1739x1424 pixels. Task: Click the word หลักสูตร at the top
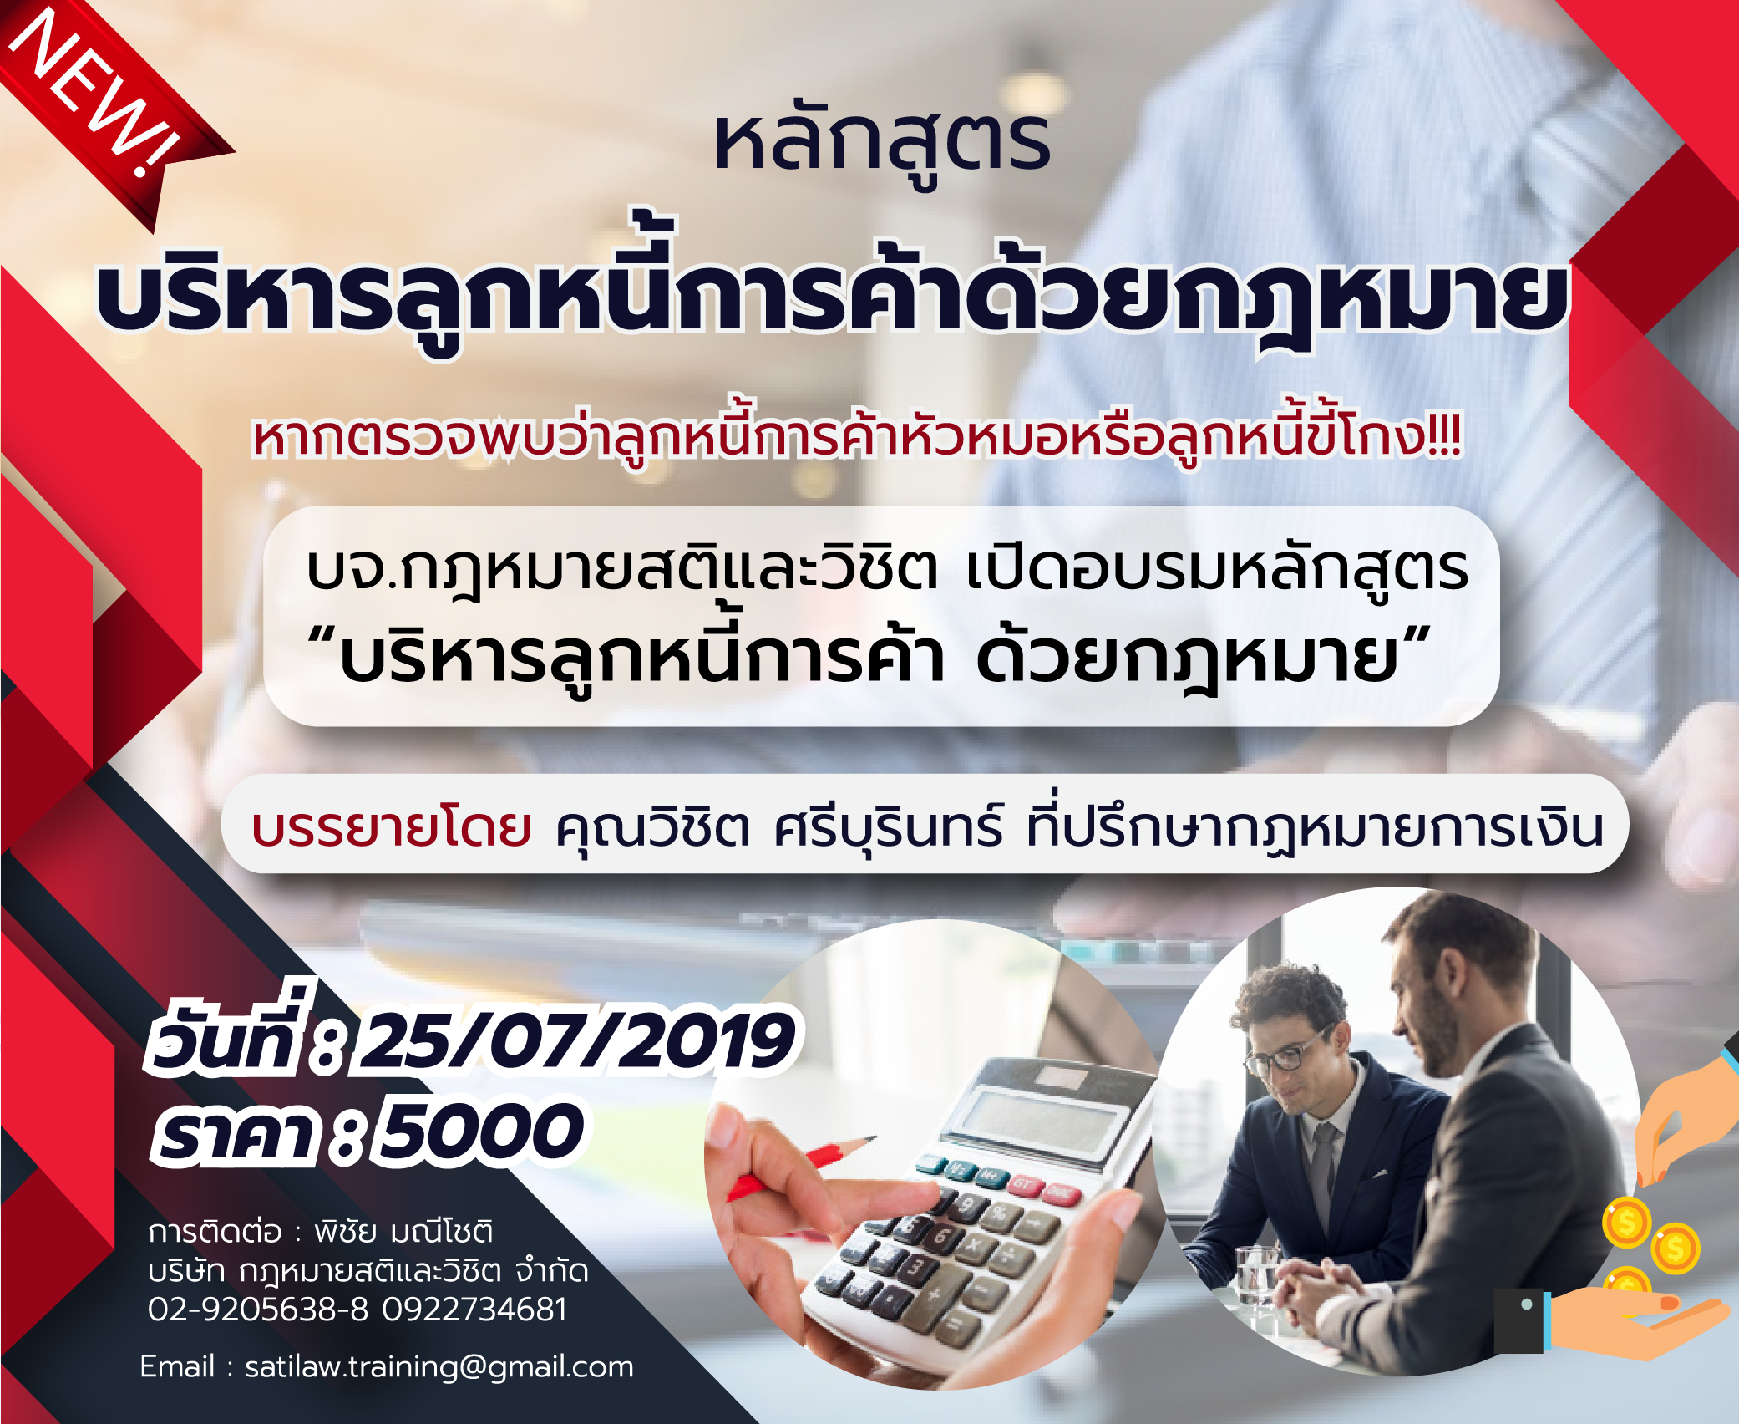click(x=882, y=145)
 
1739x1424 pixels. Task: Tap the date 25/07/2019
click(x=575, y=1040)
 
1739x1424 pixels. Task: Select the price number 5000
click(x=480, y=1132)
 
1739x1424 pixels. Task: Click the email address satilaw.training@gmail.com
click(x=439, y=1367)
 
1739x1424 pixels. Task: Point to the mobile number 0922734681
click(x=474, y=1310)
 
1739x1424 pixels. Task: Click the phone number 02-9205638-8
click(x=258, y=1310)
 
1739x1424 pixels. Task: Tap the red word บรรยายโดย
click(x=392, y=828)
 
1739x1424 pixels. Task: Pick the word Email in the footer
click(x=177, y=1367)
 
